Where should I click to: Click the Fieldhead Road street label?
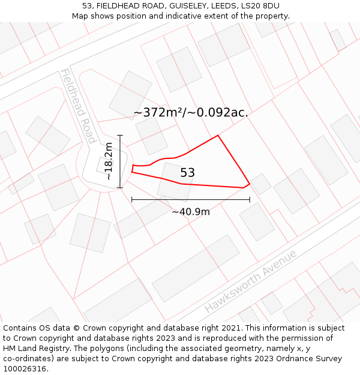tap(77, 106)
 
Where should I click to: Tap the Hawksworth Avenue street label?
tap(251, 281)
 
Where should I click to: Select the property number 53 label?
tap(187, 173)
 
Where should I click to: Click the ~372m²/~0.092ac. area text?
tap(191, 112)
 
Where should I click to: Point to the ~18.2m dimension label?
tap(108, 161)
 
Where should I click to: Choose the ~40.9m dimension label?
tap(191, 212)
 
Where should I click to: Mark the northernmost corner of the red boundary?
tap(218, 135)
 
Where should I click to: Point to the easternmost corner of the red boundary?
tap(250, 184)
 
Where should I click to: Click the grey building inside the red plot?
tap(175, 181)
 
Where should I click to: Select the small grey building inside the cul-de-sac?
tap(102, 164)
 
